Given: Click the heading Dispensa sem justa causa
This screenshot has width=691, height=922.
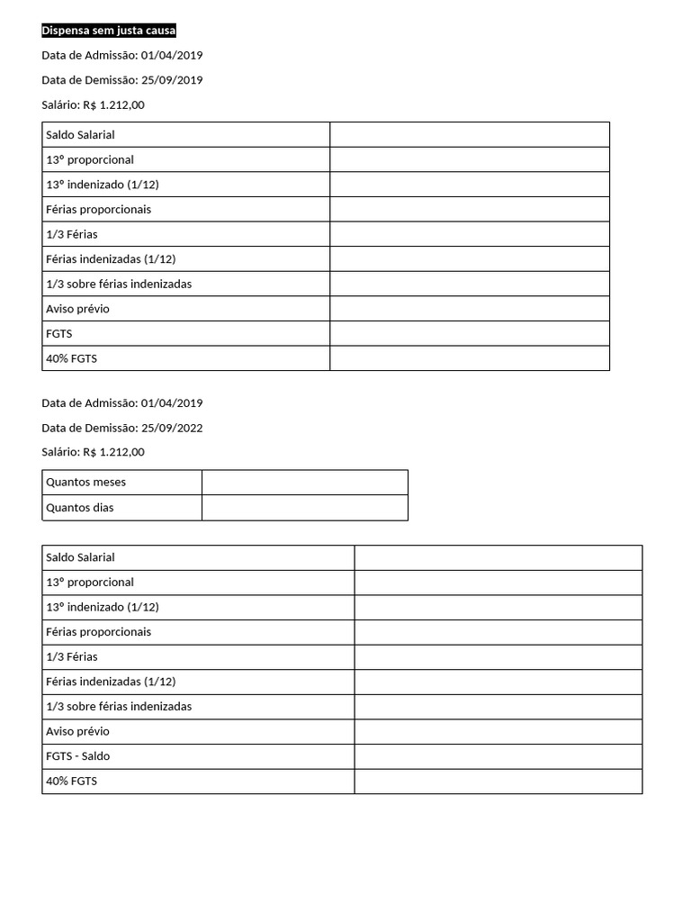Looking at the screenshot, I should [x=109, y=31].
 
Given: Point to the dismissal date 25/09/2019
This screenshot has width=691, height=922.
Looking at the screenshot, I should [x=172, y=80].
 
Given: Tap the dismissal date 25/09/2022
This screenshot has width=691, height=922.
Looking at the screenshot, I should [x=172, y=428].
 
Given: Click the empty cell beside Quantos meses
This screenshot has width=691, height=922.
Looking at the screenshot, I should [x=305, y=483].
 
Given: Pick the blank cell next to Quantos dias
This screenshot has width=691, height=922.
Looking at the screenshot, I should [x=305, y=508].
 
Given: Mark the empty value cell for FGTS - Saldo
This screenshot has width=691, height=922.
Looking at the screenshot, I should [x=498, y=756].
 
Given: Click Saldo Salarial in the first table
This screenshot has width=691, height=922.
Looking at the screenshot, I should [x=80, y=135].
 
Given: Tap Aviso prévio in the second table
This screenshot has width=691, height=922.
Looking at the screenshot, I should [x=77, y=731].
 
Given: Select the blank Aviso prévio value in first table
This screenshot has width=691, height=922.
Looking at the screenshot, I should [x=469, y=309].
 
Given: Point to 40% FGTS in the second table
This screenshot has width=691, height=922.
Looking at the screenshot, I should [x=71, y=782].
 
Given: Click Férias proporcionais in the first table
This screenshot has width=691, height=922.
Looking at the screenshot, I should [x=98, y=210].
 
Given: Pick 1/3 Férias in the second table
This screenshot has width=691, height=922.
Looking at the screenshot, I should [x=72, y=656].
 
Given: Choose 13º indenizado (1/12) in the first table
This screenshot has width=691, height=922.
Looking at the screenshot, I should [x=102, y=185].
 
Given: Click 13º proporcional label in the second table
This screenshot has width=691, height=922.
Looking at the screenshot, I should [x=90, y=583].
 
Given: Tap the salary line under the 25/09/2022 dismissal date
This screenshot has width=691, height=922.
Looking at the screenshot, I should [x=93, y=452].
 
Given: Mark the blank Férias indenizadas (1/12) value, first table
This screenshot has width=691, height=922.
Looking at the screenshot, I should [x=469, y=259].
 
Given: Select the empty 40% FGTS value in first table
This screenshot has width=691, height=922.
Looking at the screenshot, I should [x=469, y=358].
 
